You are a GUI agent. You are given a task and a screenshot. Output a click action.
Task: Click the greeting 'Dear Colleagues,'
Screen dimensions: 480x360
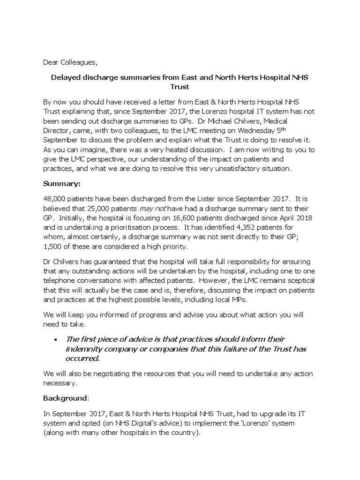71,61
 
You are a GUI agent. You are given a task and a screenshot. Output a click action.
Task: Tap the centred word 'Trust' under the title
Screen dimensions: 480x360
180,87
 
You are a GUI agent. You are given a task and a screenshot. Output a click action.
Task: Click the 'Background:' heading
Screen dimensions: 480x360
66,398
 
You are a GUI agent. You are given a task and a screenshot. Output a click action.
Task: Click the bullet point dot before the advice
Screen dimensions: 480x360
56,339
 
